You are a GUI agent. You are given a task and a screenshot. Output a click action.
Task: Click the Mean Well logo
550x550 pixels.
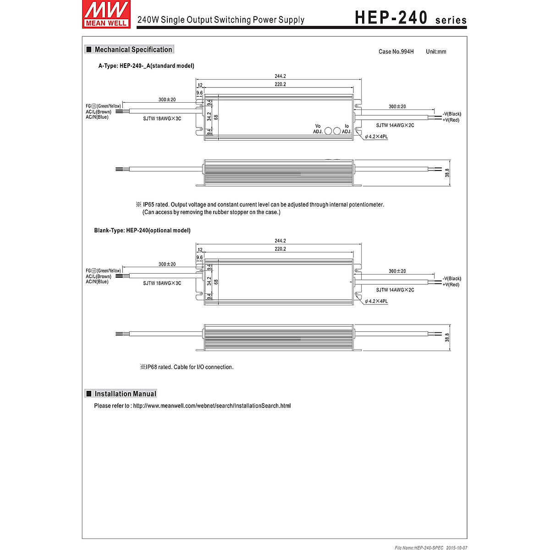tap(105, 14)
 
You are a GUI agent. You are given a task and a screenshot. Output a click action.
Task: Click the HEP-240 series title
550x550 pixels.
tap(411, 18)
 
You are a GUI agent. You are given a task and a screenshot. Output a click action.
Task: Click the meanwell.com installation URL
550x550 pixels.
tap(212, 406)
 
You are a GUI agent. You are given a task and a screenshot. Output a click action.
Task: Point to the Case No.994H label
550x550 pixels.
tap(396, 52)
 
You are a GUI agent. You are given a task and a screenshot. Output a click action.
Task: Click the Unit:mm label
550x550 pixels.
tap(436, 52)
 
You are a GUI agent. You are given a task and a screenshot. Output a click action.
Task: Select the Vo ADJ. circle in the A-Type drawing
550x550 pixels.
tap(328, 131)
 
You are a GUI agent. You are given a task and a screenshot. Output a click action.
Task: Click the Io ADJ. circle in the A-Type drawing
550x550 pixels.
tap(337, 131)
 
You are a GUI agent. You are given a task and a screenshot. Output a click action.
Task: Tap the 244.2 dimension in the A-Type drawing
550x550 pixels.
tap(280, 76)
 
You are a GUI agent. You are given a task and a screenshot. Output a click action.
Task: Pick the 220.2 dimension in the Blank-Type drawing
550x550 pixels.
tap(280, 249)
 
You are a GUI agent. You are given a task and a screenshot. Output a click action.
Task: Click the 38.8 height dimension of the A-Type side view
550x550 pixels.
tap(447, 173)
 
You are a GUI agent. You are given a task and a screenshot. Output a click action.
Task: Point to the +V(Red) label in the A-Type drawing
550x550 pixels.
tap(451, 120)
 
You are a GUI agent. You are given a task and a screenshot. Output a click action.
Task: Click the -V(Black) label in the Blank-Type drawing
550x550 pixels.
tap(452, 279)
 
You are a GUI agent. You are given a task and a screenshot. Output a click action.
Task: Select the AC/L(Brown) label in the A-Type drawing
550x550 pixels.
tap(99, 112)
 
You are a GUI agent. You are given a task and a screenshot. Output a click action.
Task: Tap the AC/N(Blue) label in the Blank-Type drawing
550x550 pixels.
tap(97, 282)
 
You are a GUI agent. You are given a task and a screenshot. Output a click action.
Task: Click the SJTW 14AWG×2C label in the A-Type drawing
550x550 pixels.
tap(395, 125)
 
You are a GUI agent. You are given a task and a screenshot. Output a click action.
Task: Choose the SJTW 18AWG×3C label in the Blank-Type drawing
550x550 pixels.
tap(162, 283)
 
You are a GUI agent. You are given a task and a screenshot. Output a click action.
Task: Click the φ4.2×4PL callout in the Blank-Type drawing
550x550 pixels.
tap(376, 301)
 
